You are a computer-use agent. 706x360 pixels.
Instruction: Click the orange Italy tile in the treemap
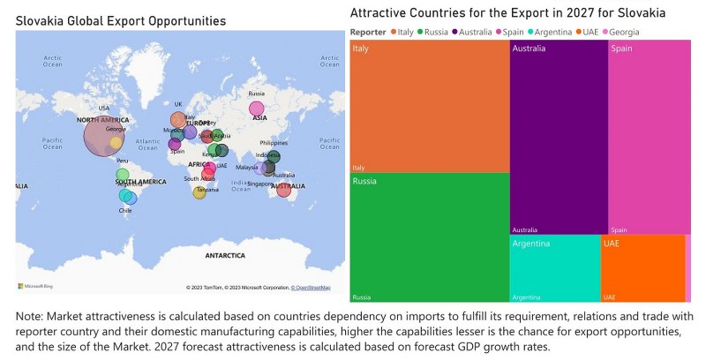(x=430, y=106)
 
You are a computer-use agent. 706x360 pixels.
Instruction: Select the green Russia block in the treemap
(x=430, y=236)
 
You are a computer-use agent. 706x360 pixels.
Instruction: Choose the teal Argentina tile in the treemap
(x=554, y=268)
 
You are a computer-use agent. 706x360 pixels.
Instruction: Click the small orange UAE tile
(x=642, y=268)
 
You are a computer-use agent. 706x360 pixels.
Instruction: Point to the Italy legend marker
(x=393, y=32)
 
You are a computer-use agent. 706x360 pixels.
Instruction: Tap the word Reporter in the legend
(x=368, y=32)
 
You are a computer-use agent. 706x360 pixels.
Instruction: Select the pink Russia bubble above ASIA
(x=256, y=108)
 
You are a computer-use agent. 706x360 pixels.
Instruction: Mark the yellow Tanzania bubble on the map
(x=199, y=192)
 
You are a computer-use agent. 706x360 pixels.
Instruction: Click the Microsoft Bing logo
(x=35, y=286)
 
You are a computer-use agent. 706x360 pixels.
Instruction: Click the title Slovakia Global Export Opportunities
(x=120, y=19)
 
